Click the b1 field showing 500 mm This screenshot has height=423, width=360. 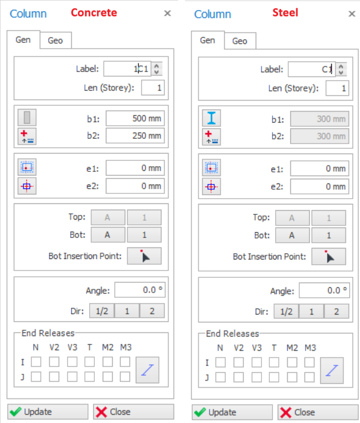(x=135, y=118)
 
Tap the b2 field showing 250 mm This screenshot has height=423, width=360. (x=135, y=135)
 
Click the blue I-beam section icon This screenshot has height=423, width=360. (x=211, y=118)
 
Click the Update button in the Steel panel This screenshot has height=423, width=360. (x=232, y=412)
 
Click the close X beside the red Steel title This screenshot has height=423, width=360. (x=352, y=14)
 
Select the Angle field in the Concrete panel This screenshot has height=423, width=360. (x=140, y=290)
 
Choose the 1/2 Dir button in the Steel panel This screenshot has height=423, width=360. (x=286, y=311)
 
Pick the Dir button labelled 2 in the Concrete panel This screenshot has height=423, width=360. (x=152, y=311)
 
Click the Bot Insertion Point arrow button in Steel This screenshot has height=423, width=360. (x=329, y=256)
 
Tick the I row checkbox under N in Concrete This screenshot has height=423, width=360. (x=36, y=362)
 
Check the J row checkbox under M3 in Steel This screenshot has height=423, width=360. (x=310, y=377)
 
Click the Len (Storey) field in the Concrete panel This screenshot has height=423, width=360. (x=153, y=88)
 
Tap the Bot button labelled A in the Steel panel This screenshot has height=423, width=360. (x=292, y=235)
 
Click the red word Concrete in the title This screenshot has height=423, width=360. (x=94, y=13)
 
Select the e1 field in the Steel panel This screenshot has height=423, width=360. (x=320, y=169)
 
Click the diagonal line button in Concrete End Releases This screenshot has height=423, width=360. (x=147, y=370)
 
